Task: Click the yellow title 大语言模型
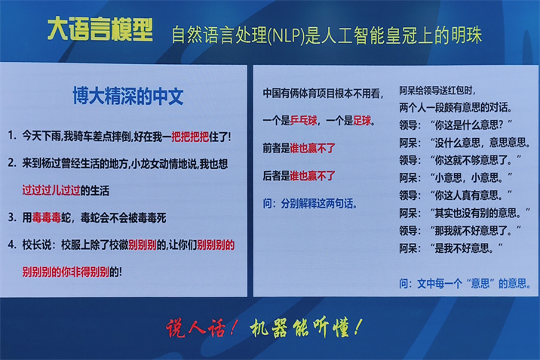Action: (100, 29)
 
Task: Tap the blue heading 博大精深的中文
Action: (127, 96)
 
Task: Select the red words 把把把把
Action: (190, 137)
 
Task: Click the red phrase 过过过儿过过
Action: (51, 190)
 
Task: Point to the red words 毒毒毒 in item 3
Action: (47, 217)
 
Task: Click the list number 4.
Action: (12, 245)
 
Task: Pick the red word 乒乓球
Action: (303, 121)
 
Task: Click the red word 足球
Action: (362, 121)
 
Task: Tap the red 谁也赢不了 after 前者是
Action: (312, 149)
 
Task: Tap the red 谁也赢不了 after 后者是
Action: (312, 176)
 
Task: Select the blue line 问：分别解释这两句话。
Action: (310, 204)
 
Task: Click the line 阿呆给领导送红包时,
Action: (437, 91)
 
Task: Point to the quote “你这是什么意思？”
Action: (471, 125)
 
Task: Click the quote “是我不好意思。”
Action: (467, 248)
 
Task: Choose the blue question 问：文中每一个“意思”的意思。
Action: (465, 284)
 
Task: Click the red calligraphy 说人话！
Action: (201, 328)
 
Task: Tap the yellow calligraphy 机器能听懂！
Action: (305, 328)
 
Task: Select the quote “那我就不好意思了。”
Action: (476, 230)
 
